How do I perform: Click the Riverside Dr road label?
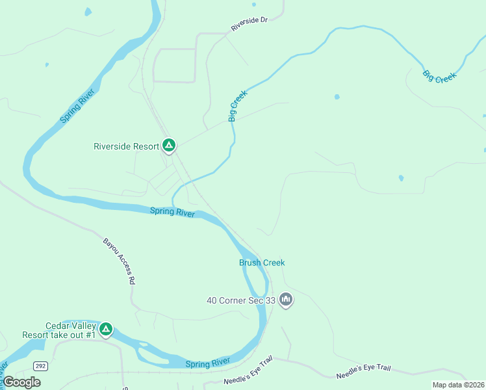pos(249,24)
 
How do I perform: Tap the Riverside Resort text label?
pos(127,146)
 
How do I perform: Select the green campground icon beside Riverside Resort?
pos(169,146)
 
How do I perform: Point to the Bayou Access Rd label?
pos(119,261)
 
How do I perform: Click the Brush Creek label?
pos(262,263)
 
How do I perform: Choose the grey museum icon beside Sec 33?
pos(286,300)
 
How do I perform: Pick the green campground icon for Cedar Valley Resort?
pos(106,330)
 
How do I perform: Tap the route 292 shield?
pos(41,366)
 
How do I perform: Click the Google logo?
pos(22,382)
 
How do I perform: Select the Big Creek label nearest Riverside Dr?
pos(234,106)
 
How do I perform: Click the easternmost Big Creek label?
pos(439,75)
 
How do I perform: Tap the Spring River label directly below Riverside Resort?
pos(172,212)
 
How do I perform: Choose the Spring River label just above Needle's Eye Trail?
pos(207,362)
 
